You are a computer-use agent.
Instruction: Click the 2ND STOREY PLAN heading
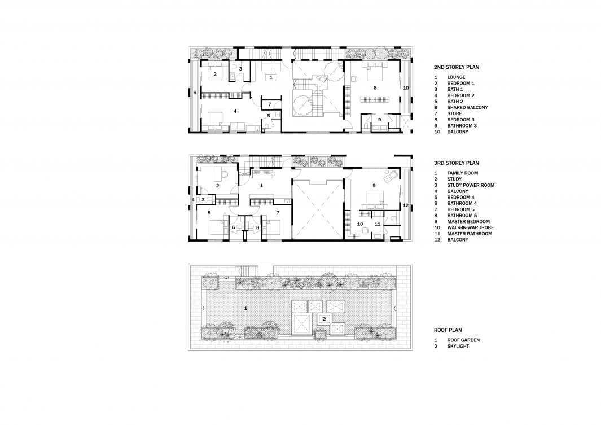[457, 67]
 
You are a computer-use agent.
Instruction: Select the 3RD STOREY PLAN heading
[456, 163]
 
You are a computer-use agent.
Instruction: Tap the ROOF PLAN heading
[448, 330]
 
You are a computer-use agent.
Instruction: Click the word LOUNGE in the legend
[456, 77]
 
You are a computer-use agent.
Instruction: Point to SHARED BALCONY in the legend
[467, 108]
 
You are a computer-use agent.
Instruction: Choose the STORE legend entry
[455, 113]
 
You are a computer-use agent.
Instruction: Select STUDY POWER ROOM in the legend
[471, 185]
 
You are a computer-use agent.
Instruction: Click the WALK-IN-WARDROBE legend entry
[470, 227]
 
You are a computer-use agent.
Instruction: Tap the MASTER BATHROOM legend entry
[470, 234]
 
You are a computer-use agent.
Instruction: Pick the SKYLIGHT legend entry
[458, 346]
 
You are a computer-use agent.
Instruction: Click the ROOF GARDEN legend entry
[463, 340]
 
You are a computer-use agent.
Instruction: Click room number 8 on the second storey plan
[375, 87]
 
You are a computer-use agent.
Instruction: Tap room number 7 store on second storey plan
[270, 104]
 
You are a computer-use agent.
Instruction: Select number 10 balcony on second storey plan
[406, 87]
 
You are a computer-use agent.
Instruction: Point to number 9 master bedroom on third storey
[374, 186]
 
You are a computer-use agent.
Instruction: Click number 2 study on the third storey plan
[217, 186]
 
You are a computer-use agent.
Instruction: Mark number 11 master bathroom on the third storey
[378, 224]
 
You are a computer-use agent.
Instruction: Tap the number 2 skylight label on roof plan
[324, 319]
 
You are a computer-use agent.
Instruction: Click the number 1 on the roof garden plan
[245, 308]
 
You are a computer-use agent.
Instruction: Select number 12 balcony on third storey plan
[406, 205]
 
